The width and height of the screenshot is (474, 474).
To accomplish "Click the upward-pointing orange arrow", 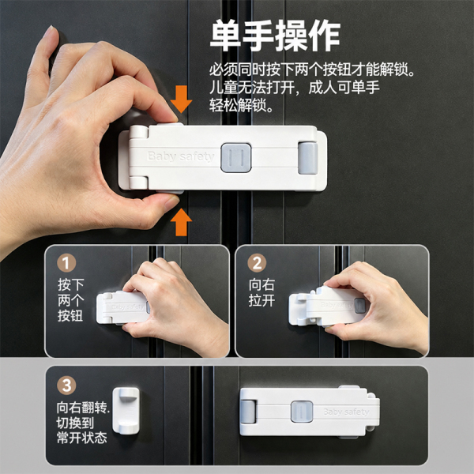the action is click(181, 223).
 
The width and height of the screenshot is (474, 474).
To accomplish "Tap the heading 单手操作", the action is click(276, 36).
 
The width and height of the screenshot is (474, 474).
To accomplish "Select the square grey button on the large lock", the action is click(235, 158).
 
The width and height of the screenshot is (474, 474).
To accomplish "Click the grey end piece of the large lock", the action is click(308, 158).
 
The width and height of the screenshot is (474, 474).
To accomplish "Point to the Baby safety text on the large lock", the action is click(181, 156).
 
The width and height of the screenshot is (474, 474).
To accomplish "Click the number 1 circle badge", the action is click(66, 263).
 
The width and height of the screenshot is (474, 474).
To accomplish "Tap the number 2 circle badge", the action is click(257, 263).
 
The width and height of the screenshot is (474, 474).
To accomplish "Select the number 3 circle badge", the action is click(66, 386).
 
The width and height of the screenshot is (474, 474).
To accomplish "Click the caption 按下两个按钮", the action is click(71, 300).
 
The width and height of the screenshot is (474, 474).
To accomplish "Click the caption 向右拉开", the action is click(261, 292).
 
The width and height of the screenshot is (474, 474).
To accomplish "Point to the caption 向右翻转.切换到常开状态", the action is click(82, 423).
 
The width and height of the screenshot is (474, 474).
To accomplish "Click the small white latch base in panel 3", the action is click(126, 411).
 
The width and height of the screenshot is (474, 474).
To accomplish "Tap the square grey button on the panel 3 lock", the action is click(302, 412).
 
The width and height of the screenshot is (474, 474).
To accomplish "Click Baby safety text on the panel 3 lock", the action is click(346, 412).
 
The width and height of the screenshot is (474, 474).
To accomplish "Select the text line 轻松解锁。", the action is click(242, 106).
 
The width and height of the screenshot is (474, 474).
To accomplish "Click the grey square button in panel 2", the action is click(359, 306).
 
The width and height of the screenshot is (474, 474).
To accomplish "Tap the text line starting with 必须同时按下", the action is click(312, 70).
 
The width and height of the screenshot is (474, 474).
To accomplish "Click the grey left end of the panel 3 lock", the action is click(248, 412).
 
